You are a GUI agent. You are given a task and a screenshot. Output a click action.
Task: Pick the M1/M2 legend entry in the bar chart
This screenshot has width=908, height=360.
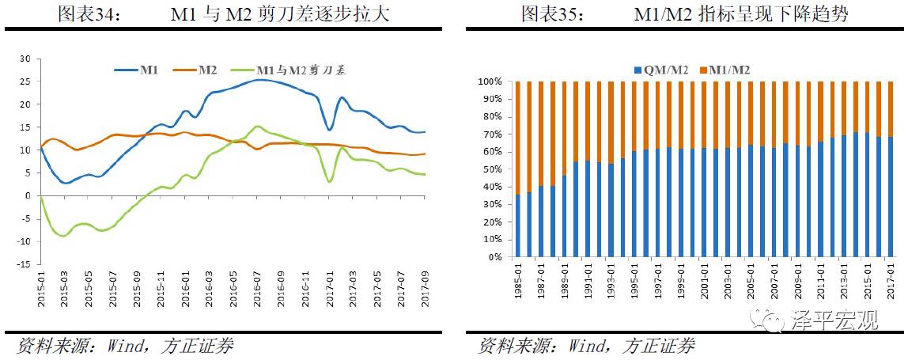click(x=724, y=70)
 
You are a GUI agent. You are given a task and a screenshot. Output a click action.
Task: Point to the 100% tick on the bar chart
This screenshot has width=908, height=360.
click(x=490, y=81)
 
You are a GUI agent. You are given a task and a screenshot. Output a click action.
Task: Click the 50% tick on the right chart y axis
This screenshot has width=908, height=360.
click(x=492, y=169)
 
